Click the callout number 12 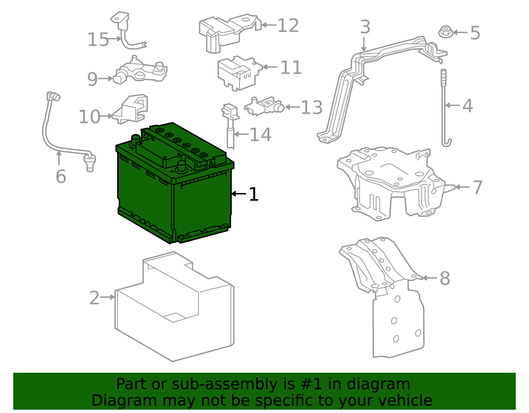tap(288, 25)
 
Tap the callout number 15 tap(98, 40)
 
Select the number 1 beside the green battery tap(253, 194)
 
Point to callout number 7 tap(477, 187)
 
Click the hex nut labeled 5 tap(446, 32)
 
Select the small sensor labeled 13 tap(264, 106)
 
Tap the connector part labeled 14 tap(230, 127)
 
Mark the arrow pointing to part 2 tap(107, 297)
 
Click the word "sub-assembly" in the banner tap(225, 384)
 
